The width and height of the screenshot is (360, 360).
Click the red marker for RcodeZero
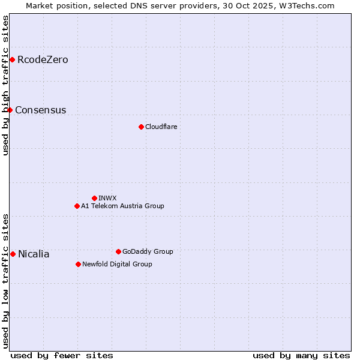(x=12, y=59)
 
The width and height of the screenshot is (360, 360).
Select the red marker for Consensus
(x=10, y=110)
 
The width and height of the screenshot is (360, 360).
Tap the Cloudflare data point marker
(x=141, y=127)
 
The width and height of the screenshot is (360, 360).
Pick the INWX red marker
(x=94, y=198)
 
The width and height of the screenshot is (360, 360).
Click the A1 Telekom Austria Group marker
(x=77, y=206)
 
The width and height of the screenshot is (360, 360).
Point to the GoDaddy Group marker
(x=118, y=251)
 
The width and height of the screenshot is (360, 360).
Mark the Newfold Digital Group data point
(x=78, y=264)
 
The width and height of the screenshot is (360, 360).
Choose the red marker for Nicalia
(x=13, y=254)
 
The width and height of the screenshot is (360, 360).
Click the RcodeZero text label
(x=43, y=59)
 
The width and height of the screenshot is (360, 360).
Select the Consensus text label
(x=40, y=110)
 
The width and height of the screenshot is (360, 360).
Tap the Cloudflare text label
(x=161, y=127)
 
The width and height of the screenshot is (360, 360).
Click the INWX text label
(x=107, y=198)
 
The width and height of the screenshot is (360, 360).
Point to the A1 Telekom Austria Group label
(x=122, y=206)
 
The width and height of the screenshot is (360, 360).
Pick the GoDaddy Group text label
(x=148, y=251)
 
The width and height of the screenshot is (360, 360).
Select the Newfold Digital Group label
(x=117, y=264)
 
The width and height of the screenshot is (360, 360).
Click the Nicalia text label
(x=34, y=254)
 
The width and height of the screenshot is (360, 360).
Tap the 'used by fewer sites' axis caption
(x=62, y=355)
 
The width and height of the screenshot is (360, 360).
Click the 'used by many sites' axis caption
(x=301, y=355)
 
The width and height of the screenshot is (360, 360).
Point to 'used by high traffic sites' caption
(x=5, y=85)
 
